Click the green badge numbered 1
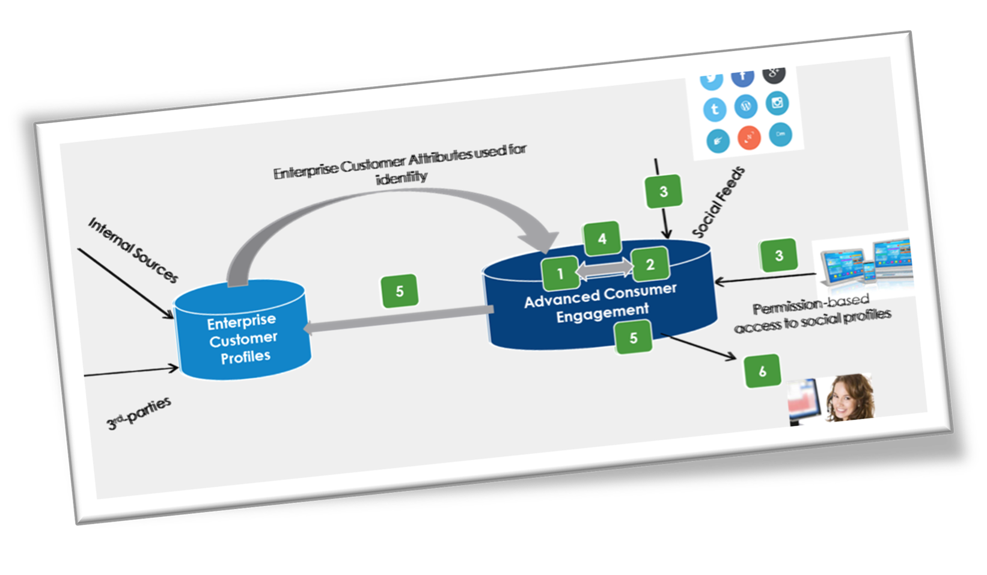[560, 274]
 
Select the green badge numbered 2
[650, 265]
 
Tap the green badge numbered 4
[602, 239]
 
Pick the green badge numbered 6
[762, 371]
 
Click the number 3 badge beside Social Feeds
[663, 192]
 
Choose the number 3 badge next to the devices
[778, 256]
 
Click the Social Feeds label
[718, 202]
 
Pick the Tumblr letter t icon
[715, 109]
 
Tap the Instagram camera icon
[777, 103]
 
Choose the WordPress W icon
[746, 106]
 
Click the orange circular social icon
[749, 138]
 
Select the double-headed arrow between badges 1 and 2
[605, 269]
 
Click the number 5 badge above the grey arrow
[400, 292]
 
